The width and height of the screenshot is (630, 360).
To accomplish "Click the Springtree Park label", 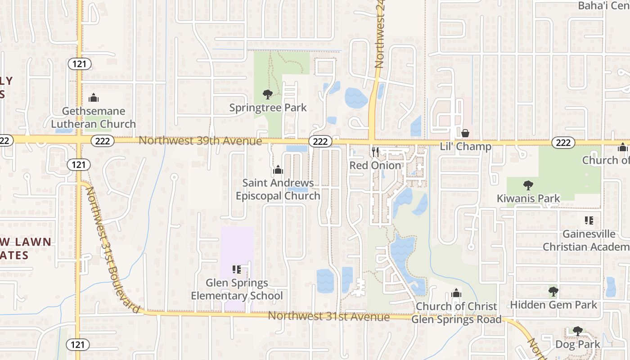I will pyautogui.click(x=268, y=108).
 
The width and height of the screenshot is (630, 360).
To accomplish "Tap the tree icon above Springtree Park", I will pyautogui.click(x=268, y=94).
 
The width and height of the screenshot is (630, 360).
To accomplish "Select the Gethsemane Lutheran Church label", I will pyautogui.click(x=93, y=117).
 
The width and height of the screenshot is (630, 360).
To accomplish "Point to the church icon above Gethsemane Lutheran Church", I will pyautogui.click(x=94, y=97).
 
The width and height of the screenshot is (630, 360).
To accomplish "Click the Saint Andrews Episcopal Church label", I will pyautogui.click(x=278, y=189).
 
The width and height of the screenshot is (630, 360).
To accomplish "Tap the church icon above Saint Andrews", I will pyautogui.click(x=278, y=170).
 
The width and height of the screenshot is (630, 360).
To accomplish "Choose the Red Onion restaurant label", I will pyautogui.click(x=375, y=165).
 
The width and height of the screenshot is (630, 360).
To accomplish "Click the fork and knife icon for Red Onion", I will pyautogui.click(x=375, y=152).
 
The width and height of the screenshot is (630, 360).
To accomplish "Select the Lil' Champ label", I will pyautogui.click(x=465, y=147).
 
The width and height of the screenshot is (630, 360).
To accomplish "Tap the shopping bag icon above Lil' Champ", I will pyautogui.click(x=465, y=133).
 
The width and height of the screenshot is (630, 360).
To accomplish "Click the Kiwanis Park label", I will pyautogui.click(x=528, y=198).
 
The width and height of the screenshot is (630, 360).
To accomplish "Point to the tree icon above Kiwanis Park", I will pyautogui.click(x=528, y=185).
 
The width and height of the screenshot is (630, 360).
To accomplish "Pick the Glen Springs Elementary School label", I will pyautogui.click(x=237, y=289).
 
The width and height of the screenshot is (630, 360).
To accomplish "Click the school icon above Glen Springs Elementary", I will pyautogui.click(x=237, y=270).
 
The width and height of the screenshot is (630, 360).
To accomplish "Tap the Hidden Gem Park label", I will pyautogui.click(x=553, y=305).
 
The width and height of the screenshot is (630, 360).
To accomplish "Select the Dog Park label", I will pyautogui.click(x=578, y=345).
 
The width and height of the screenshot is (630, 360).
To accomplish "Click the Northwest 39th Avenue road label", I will pyautogui.click(x=200, y=141).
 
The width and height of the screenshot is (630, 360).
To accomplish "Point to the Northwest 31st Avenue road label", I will pyautogui.click(x=328, y=316).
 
